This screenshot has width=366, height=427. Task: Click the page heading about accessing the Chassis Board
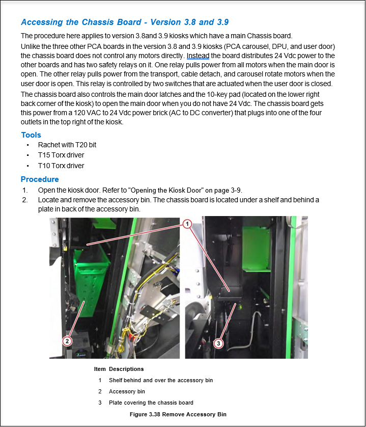pyautogui.click(x=125, y=22)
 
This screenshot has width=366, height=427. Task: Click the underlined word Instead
pyautogui.click(x=197, y=56)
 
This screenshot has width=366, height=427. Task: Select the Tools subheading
pyautogui.click(x=31, y=135)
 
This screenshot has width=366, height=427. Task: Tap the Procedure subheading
pyautogui.click(x=40, y=179)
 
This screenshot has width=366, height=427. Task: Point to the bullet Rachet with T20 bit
pyautogui.click(x=67, y=145)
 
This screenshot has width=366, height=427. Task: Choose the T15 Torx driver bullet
pyautogui.click(x=61, y=155)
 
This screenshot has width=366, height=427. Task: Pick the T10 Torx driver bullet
pyautogui.click(x=61, y=166)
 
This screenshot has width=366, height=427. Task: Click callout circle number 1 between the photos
pyautogui.click(x=187, y=224)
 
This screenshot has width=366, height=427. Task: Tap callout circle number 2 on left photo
pyautogui.click(x=68, y=341)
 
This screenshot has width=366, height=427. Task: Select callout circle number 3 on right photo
pyautogui.click(x=218, y=343)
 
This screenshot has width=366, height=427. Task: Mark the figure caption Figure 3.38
pyautogui.click(x=178, y=414)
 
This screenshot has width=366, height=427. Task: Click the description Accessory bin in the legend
pyautogui.click(x=127, y=391)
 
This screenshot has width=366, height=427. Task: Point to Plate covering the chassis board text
pyautogui.click(x=151, y=403)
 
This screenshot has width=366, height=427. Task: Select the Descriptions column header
pyautogui.click(x=126, y=369)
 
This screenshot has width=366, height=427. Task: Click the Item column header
pyautogui.click(x=100, y=369)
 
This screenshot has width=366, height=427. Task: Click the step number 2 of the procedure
pyautogui.click(x=24, y=200)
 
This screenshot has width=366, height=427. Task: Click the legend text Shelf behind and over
pyautogui.click(x=160, y=380)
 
